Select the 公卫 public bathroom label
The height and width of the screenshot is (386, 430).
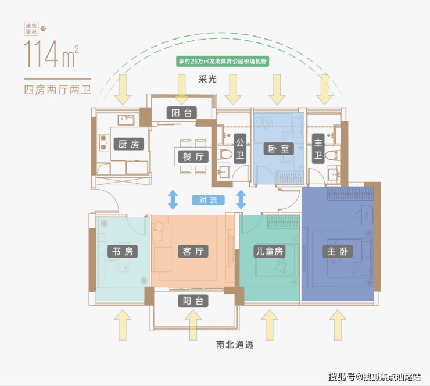(x=239, y=149)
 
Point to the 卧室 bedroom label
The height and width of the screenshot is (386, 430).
(x=275, y=148)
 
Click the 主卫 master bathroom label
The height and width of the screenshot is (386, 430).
(x=318, y=149)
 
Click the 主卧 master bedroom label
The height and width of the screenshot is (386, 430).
(x=336, y=251)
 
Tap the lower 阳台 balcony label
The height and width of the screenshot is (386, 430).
(x=192, y=301)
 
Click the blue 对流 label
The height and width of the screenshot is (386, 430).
(x=207, y=201)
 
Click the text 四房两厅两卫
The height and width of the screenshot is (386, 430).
(x=58, y=90)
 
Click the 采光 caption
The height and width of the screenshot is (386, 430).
(x=207, y=79)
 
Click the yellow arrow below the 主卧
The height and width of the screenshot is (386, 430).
(x=336, y=325)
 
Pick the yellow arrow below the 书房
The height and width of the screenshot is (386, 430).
(x=122, y=325)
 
